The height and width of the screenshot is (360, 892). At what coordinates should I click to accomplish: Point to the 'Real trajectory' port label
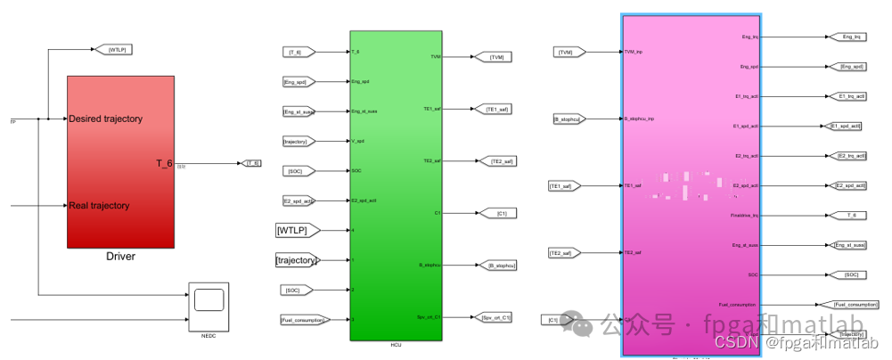(x=99, y=206)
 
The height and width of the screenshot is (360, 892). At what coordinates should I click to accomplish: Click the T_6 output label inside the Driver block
(x=164, y=163)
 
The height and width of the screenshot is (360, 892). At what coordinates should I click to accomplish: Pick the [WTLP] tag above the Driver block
(x=119, y=50)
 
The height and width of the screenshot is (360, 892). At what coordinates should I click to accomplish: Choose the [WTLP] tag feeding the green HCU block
(x=296, y=231)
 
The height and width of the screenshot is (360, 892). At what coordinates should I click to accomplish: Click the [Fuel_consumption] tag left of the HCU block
(x=302, y=319)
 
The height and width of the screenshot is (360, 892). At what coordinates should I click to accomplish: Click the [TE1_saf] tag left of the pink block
(x=565, y=185)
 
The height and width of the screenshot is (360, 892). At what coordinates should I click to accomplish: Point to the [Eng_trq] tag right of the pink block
(x=851, y=37)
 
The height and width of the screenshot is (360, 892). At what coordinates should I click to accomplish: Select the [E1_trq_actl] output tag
(x=852, y=96)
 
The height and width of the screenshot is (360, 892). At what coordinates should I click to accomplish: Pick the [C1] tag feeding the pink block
(x=552, y=319)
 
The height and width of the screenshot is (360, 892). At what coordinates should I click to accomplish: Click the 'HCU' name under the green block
(x=396, y=345)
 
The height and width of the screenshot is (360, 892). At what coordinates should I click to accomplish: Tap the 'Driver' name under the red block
(x=120, y=258)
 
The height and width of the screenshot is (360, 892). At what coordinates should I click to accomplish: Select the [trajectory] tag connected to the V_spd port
(x=295, y=141)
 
